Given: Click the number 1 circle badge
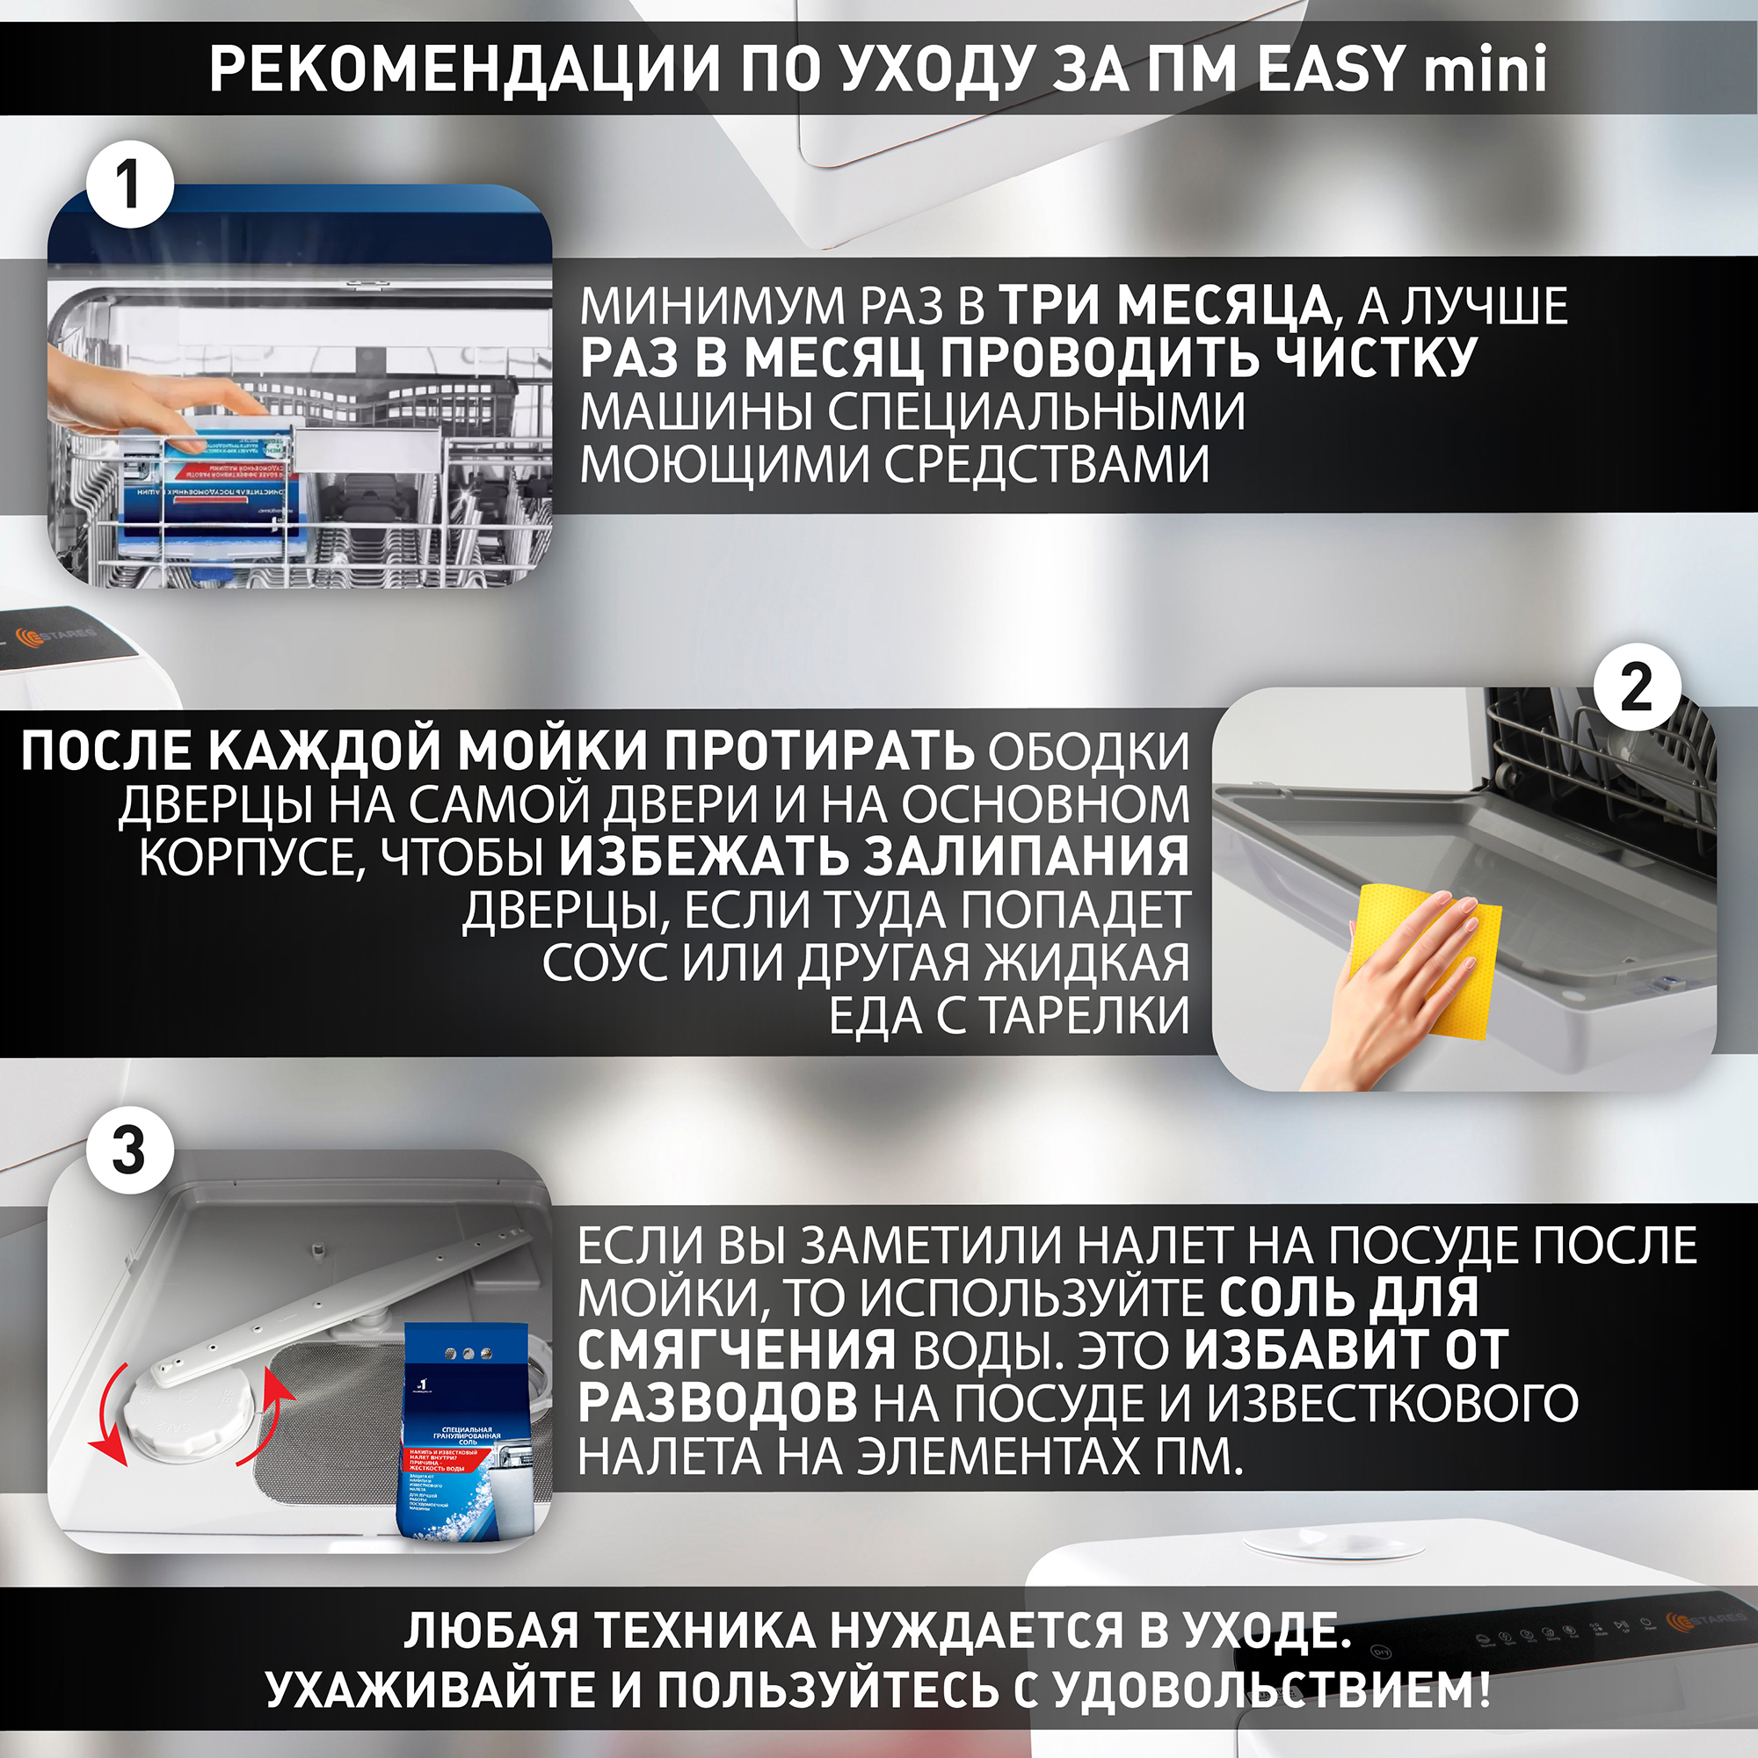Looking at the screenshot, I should click(129, 185).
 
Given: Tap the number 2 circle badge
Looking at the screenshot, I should click(1635, 689).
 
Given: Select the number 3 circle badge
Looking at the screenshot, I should click(129, 1150).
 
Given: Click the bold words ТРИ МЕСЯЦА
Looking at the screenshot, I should click(1165, 305).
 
